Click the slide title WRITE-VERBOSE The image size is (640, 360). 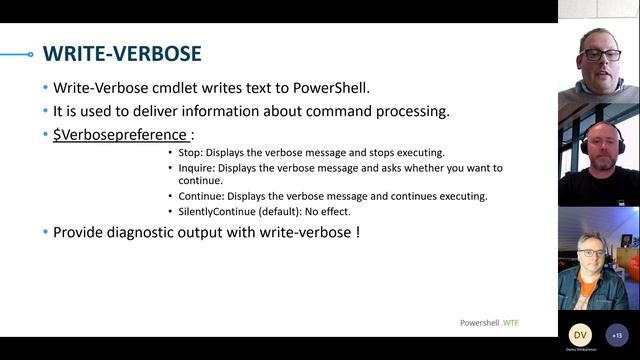pyautogui.click(x=122, y=53)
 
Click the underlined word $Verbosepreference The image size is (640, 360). pyautogui.click(x=120, y=134)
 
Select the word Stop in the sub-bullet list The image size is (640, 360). pyautogui.click(x=189, y=153)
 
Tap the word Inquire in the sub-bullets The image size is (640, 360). pyautogui.click(x=196, y=168)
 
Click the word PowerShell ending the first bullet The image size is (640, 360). pyautogui.click(x=336, y=88)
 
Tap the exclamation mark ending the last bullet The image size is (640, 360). pyautogui.click(x=356, y=232)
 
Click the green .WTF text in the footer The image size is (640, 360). pyautogui.click(x=510, y=323)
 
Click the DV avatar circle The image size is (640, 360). pyautogui.click(x=580, y=335)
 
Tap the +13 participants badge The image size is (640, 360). pyautogui.click(x=616, y=335)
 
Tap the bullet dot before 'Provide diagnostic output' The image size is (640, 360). pyautogui.click(x=45, y=232)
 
